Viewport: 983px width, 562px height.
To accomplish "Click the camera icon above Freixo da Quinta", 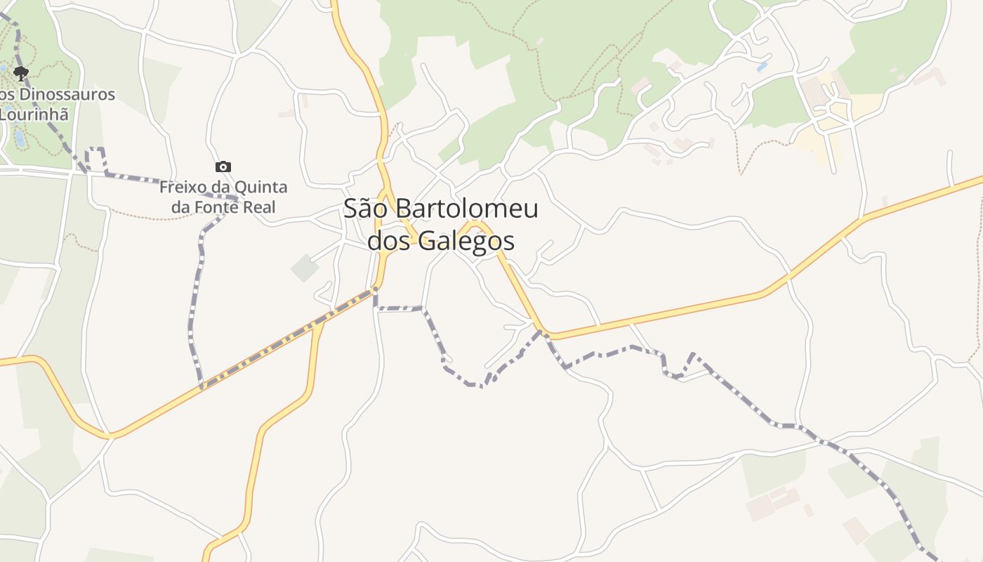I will [223, 167].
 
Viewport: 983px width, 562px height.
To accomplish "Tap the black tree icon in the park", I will [21, 72].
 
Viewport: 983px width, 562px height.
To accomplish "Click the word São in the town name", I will [366, 209].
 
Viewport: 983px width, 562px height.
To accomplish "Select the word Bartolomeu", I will [466, 209].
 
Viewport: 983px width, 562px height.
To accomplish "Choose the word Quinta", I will [263, 188].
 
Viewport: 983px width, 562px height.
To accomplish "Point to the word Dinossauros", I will [63, 94].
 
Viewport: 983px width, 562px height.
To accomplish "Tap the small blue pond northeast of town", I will [763, 67].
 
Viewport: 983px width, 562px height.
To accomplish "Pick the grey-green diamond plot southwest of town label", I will [305, 268].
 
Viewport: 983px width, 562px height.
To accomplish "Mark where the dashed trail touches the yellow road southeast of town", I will [541, 331].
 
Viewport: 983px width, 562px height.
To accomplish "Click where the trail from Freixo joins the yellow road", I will [202, 386].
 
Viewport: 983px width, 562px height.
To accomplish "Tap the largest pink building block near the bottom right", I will [760, 507].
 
